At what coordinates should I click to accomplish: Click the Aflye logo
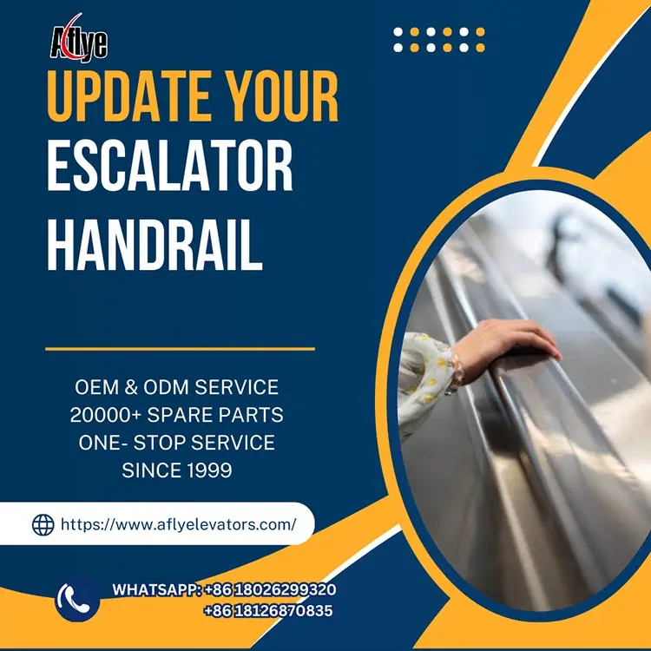click(78, 38)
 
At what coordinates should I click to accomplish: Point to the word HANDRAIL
click(154, 245)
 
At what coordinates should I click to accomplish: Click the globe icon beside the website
click(43, 524)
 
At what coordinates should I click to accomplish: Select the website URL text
click(178, 524)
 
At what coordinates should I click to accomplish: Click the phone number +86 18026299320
click(270, 589)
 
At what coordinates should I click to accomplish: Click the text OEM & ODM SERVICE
click(176, 387)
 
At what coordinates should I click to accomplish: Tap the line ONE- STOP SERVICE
click(176, 443)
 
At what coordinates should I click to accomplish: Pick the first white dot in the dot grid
click(398, 33)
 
